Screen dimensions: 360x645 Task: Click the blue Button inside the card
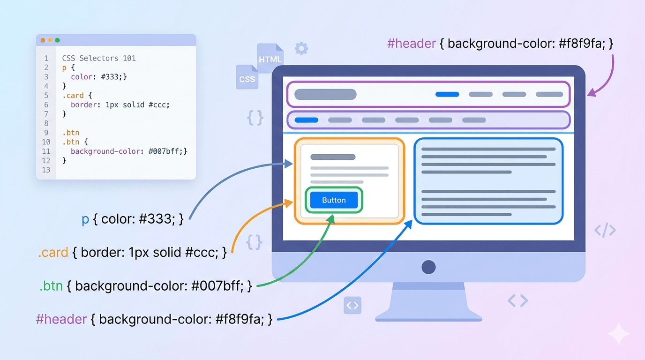pos(334,200)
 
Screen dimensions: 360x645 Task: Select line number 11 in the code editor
pos(46,151)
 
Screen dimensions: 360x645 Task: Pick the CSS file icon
pos(247,78)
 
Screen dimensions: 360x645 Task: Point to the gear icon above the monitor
pos(301,48)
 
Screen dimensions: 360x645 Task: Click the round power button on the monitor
pos(428,267)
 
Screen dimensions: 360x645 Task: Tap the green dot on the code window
pos(58,40)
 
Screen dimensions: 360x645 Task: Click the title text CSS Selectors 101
pos(99,59)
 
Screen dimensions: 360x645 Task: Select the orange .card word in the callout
pos(53,253)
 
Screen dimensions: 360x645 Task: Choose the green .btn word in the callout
pos(51,285)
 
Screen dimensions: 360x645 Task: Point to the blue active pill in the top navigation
pos(447,94)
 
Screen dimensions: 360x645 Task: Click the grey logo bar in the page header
pos(325,94)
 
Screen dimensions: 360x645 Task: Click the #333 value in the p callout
pos(157,219)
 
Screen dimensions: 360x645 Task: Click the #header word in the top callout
pos(412,44)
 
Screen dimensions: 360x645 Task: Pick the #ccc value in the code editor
pos(158,105)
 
